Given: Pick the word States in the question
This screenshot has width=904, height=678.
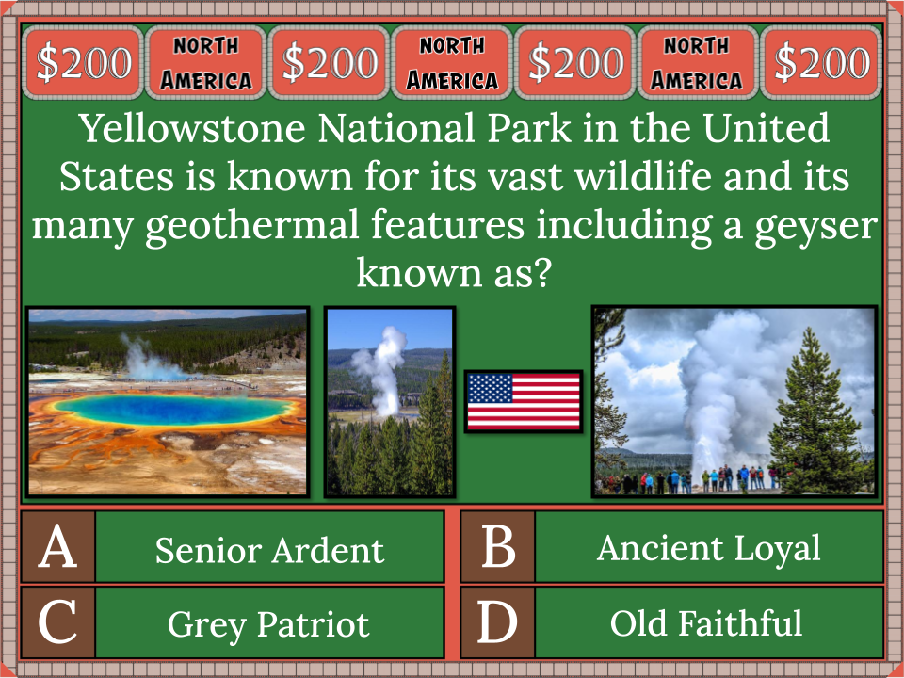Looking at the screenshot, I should click(110, 177).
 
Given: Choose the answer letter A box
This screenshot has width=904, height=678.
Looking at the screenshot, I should click(58, 547).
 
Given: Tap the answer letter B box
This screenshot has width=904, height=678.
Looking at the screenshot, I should click(497, 547).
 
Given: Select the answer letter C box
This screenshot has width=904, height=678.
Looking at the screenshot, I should click(58, 622).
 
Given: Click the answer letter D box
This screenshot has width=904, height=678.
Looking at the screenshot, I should click(497, 622).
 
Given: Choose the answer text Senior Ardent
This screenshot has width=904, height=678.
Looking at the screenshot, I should click(269, 550).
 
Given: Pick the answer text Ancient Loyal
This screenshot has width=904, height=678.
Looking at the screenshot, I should click(708, 548).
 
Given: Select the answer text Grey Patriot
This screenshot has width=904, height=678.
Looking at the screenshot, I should click(269, 624).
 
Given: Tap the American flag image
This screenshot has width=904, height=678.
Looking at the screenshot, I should click(524, 401).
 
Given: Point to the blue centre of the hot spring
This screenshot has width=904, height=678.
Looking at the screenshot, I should click(169, 410).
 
